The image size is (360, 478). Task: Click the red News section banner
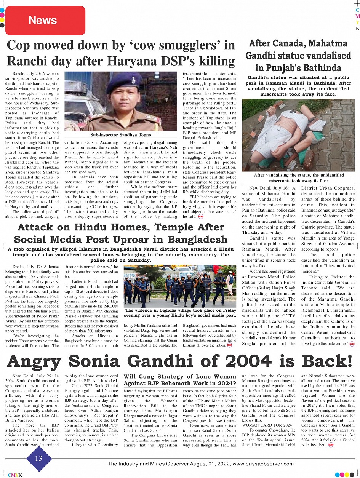43,20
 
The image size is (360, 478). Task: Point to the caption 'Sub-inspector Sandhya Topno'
120,135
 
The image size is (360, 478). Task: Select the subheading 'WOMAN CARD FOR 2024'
267,425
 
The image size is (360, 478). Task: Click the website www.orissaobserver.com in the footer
263,464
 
